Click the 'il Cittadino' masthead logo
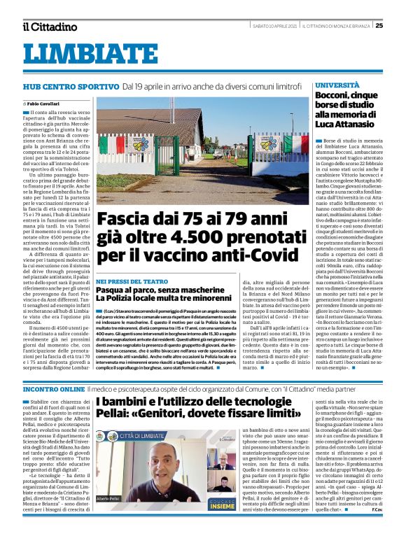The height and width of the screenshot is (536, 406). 49,27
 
